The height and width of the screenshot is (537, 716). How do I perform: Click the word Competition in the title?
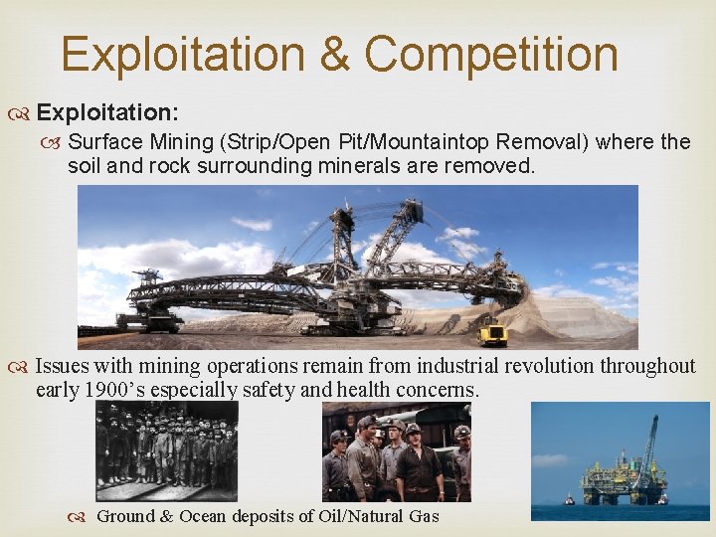(491, 54)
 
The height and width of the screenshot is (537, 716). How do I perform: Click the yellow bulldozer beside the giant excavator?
(492, 334)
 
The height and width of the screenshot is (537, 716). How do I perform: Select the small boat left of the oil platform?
(570, 497)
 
